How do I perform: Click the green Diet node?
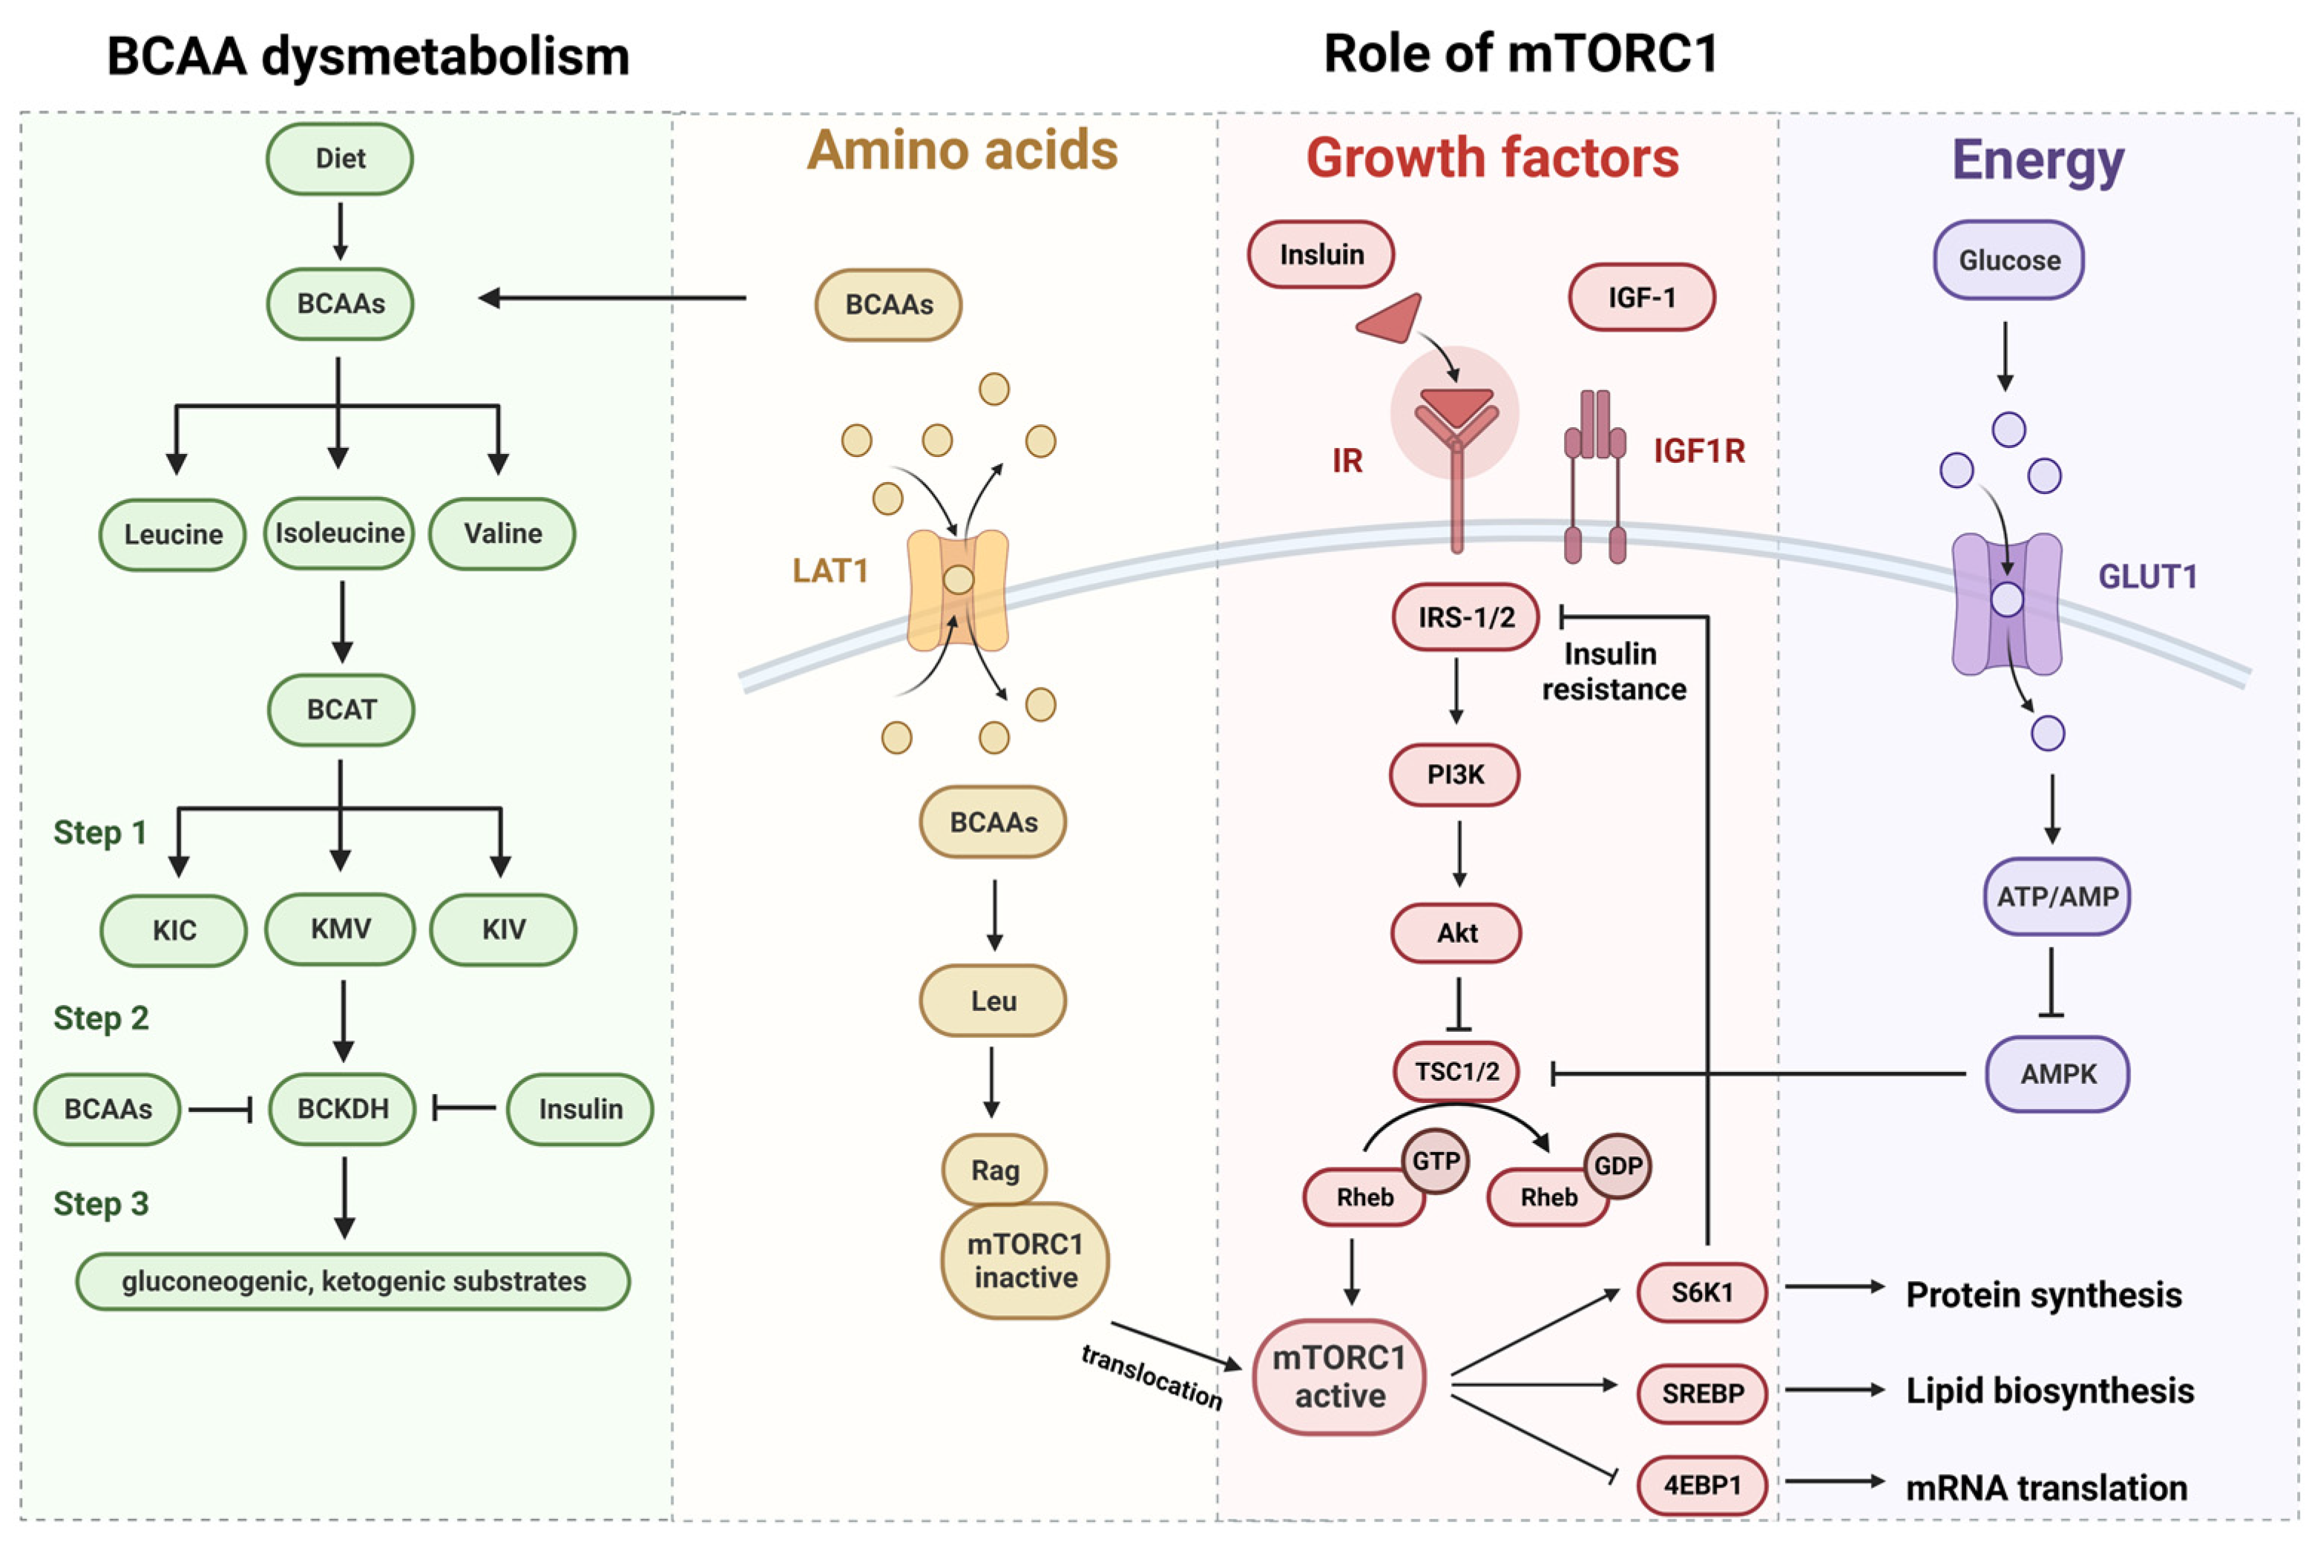click(x=340, y=159)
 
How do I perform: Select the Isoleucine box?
click(x=339, y=533)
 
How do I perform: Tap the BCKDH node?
click(x=342, y=1108)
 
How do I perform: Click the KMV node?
click(x=340, y=929)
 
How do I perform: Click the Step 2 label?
click(x=101, y=1018)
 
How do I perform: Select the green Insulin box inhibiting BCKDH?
click(x=579, y=1108)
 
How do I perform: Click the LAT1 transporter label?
click(x=829, y=571)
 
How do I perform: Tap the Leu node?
click(x=993, y=1000)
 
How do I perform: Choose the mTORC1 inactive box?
click(x=1025, y=1261)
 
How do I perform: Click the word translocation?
click(x=1151, y=1377)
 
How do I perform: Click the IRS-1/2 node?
click(x=1466, y=617)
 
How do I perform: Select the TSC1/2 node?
click(x=1456, y=1071)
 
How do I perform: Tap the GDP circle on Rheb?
click(x=1617, y=1165)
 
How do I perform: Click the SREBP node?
click(x=1701, y=1394)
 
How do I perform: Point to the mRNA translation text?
click(x=2046, y=1487)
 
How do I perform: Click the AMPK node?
click(x=2057, y=1073)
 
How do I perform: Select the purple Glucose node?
click(x=2009, y=260)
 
